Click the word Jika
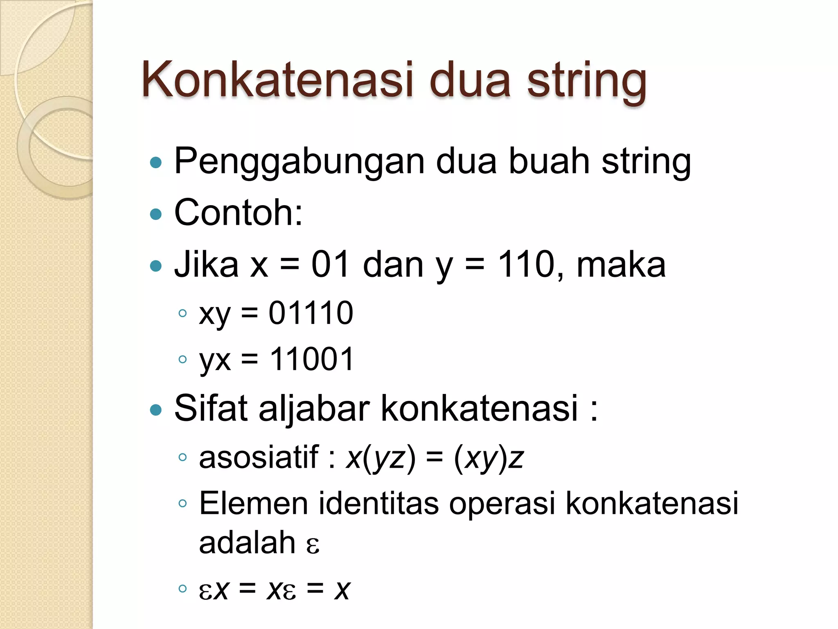(x=206, y=265)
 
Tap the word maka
(x=621, y=265)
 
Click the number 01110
(x=311, y=313)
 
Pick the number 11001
(x=311, y=359)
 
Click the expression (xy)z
(x=489, y=458)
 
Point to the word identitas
(x=378, y=503)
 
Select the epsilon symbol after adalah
(x=313, y=545)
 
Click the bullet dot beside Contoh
(x=156, y=214)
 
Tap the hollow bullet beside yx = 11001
(x=182, y=360)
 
